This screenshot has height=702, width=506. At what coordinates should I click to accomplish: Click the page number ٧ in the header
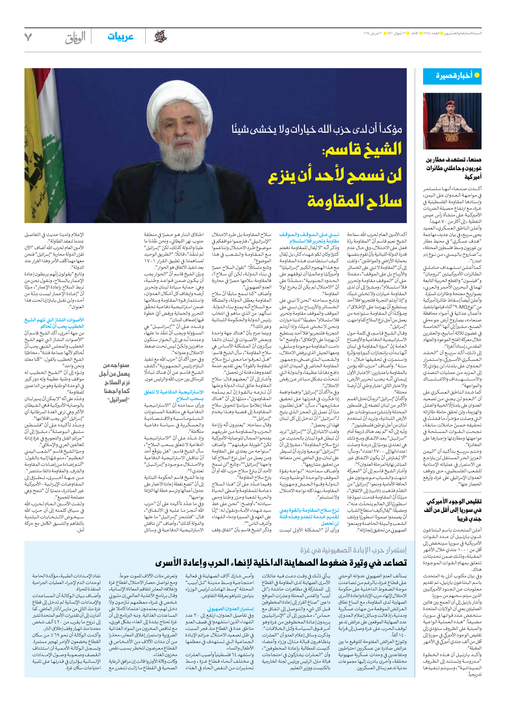(28, 37)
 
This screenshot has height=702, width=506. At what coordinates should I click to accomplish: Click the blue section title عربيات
(120, 37)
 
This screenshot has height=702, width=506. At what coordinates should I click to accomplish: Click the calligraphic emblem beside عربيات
(160, 37)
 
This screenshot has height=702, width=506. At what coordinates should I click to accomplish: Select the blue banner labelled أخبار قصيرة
(452, 76)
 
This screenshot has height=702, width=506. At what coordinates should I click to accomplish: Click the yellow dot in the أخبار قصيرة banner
(477, 75)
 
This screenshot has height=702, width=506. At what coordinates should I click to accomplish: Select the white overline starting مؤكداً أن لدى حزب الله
(317, 130)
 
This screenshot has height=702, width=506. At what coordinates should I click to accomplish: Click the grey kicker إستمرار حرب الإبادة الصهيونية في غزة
(353, 551)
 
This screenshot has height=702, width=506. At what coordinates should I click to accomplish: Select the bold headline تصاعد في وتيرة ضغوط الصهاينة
(281, 563)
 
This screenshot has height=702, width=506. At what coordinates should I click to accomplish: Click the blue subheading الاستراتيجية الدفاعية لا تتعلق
(174, 395)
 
